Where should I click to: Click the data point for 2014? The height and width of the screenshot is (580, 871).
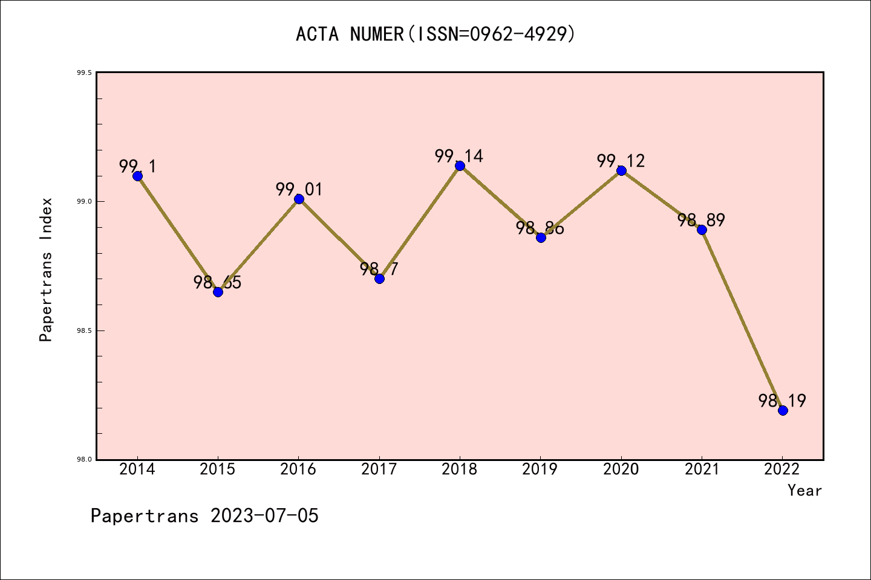click(x=137, y=176)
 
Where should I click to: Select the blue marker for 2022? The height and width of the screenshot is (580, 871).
click(x=783, y=410)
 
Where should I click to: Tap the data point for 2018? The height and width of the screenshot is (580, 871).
click(x=460, y=166)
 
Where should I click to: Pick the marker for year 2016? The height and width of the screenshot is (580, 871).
click(x=299, y=199)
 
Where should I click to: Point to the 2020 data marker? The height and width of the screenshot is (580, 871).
click(x=621, y=170)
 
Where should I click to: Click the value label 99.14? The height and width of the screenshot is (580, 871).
click(x=459, y=156)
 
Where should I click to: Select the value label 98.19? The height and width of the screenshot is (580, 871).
click(x=782, y=401)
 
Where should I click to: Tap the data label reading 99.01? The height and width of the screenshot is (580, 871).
click(x=299, y=190)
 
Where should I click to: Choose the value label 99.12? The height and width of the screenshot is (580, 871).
click(x=621, y=161)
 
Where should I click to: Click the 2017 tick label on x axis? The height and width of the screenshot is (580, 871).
click(x=379, y=469)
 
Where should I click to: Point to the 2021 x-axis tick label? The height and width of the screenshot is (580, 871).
click(x=702, y=469)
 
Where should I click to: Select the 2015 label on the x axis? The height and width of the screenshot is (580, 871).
click(x=218, y=469)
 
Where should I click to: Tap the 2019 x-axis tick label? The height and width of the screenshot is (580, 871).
click(x=540, y=469)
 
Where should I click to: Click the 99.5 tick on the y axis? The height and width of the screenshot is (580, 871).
click(x=84, y=72)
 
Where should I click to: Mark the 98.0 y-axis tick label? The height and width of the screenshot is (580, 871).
click(x=84, y=460)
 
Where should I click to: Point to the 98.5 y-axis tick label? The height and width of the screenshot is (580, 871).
click(x=84, y=330)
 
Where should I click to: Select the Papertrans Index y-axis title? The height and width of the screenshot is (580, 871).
click(x=47, y=269)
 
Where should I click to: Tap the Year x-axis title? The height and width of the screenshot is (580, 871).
click(x=804, y=491)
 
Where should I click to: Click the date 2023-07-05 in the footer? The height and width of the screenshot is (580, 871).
click(x=264, y=516)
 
